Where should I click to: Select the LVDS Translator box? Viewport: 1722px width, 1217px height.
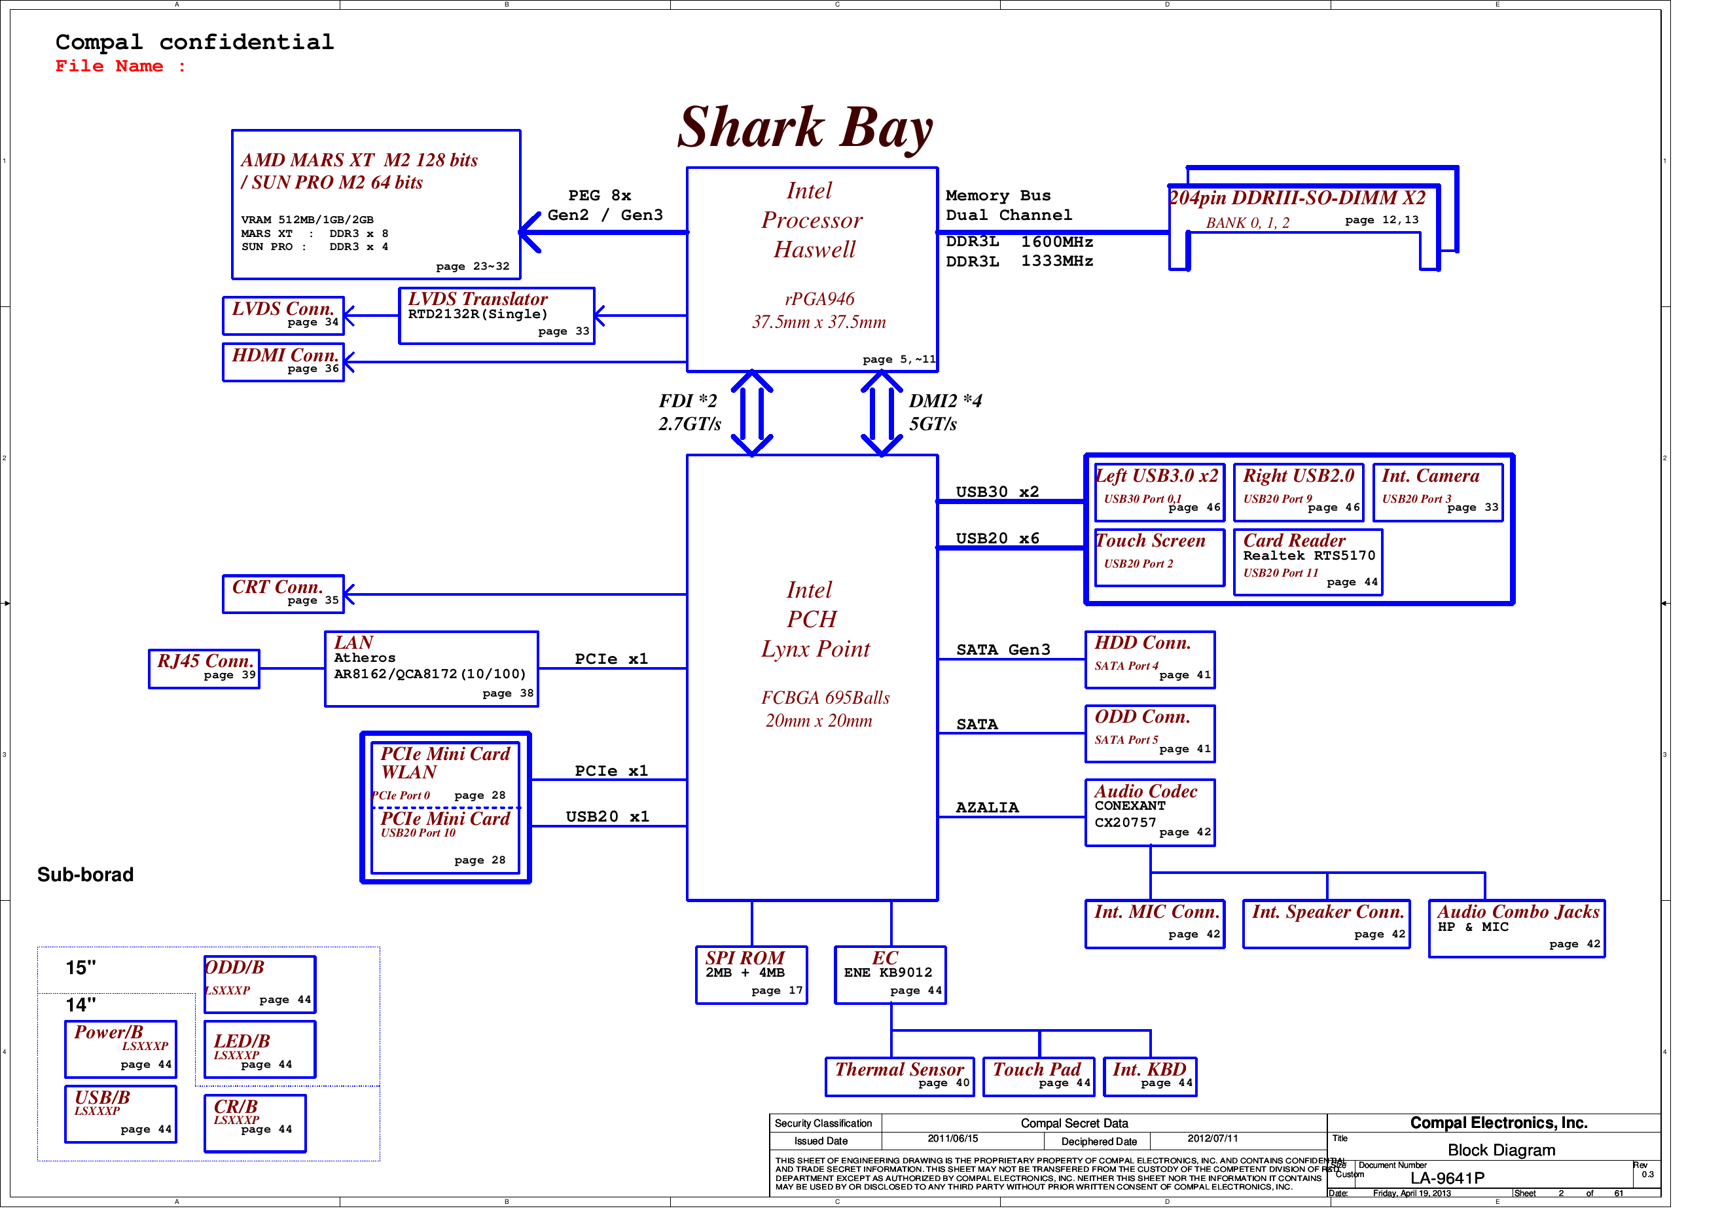tap(497, 316)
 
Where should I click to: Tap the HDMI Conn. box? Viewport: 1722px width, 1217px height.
tap(283, 363)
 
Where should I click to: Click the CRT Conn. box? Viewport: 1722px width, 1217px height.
tap(283, 594)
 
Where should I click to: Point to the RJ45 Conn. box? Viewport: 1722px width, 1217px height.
tap(204, 668)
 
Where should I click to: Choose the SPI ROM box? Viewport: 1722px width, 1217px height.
tap(751, 975)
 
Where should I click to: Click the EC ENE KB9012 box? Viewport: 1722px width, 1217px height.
tap(890, 975)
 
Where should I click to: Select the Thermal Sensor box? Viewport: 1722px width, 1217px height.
tap(899, 1077)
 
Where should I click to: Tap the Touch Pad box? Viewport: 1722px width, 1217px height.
tap(1039, 1077)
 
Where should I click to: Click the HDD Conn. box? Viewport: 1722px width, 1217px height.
tap(1150, 659)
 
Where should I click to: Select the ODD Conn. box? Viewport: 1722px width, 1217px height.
tap(1150, 734)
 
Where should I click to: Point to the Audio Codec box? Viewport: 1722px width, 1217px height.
tap(1150, 812)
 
